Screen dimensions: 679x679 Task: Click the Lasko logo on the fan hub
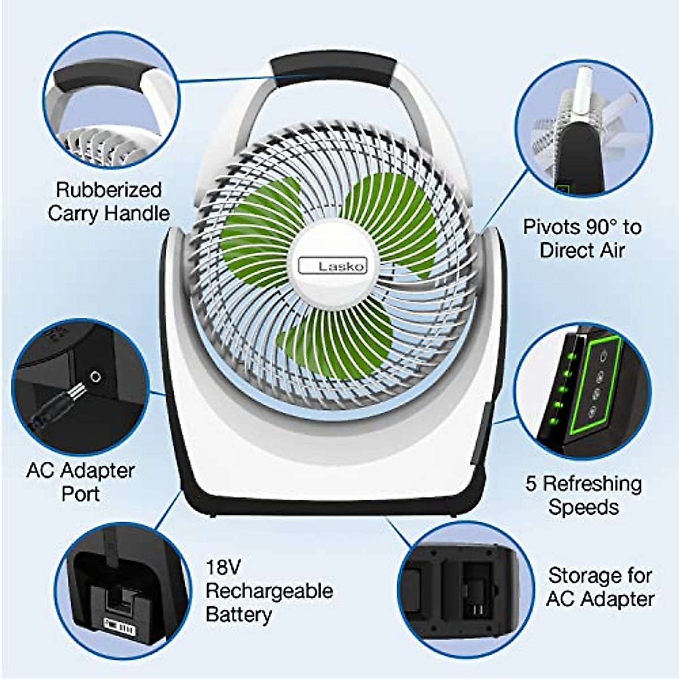[x=333, y=265]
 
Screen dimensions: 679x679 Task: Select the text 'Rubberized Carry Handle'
[x=109, y=201]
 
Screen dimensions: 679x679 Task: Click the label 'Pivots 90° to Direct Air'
[x=582, y=238]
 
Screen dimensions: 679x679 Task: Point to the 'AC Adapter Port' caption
[x=80, y=482]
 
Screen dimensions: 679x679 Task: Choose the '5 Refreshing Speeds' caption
[x=583, y=495]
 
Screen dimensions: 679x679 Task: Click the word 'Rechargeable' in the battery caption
[x=269, y=591]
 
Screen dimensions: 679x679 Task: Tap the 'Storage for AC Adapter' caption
[x=600, y=587]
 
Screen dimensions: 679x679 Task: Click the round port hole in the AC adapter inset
[x=95, y=376]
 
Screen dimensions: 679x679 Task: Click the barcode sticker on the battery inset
[x=119, y=626]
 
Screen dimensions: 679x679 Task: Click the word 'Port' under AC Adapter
[x=80, y=493]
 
